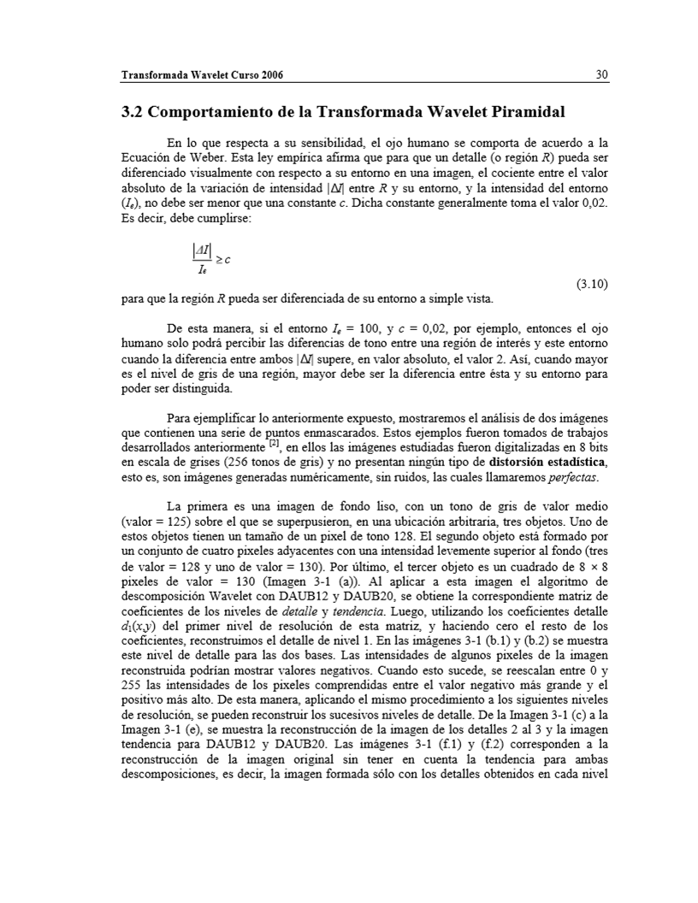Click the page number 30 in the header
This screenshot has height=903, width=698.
601,75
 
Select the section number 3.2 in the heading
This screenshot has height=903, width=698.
133,112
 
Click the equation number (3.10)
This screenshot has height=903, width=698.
590,284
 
